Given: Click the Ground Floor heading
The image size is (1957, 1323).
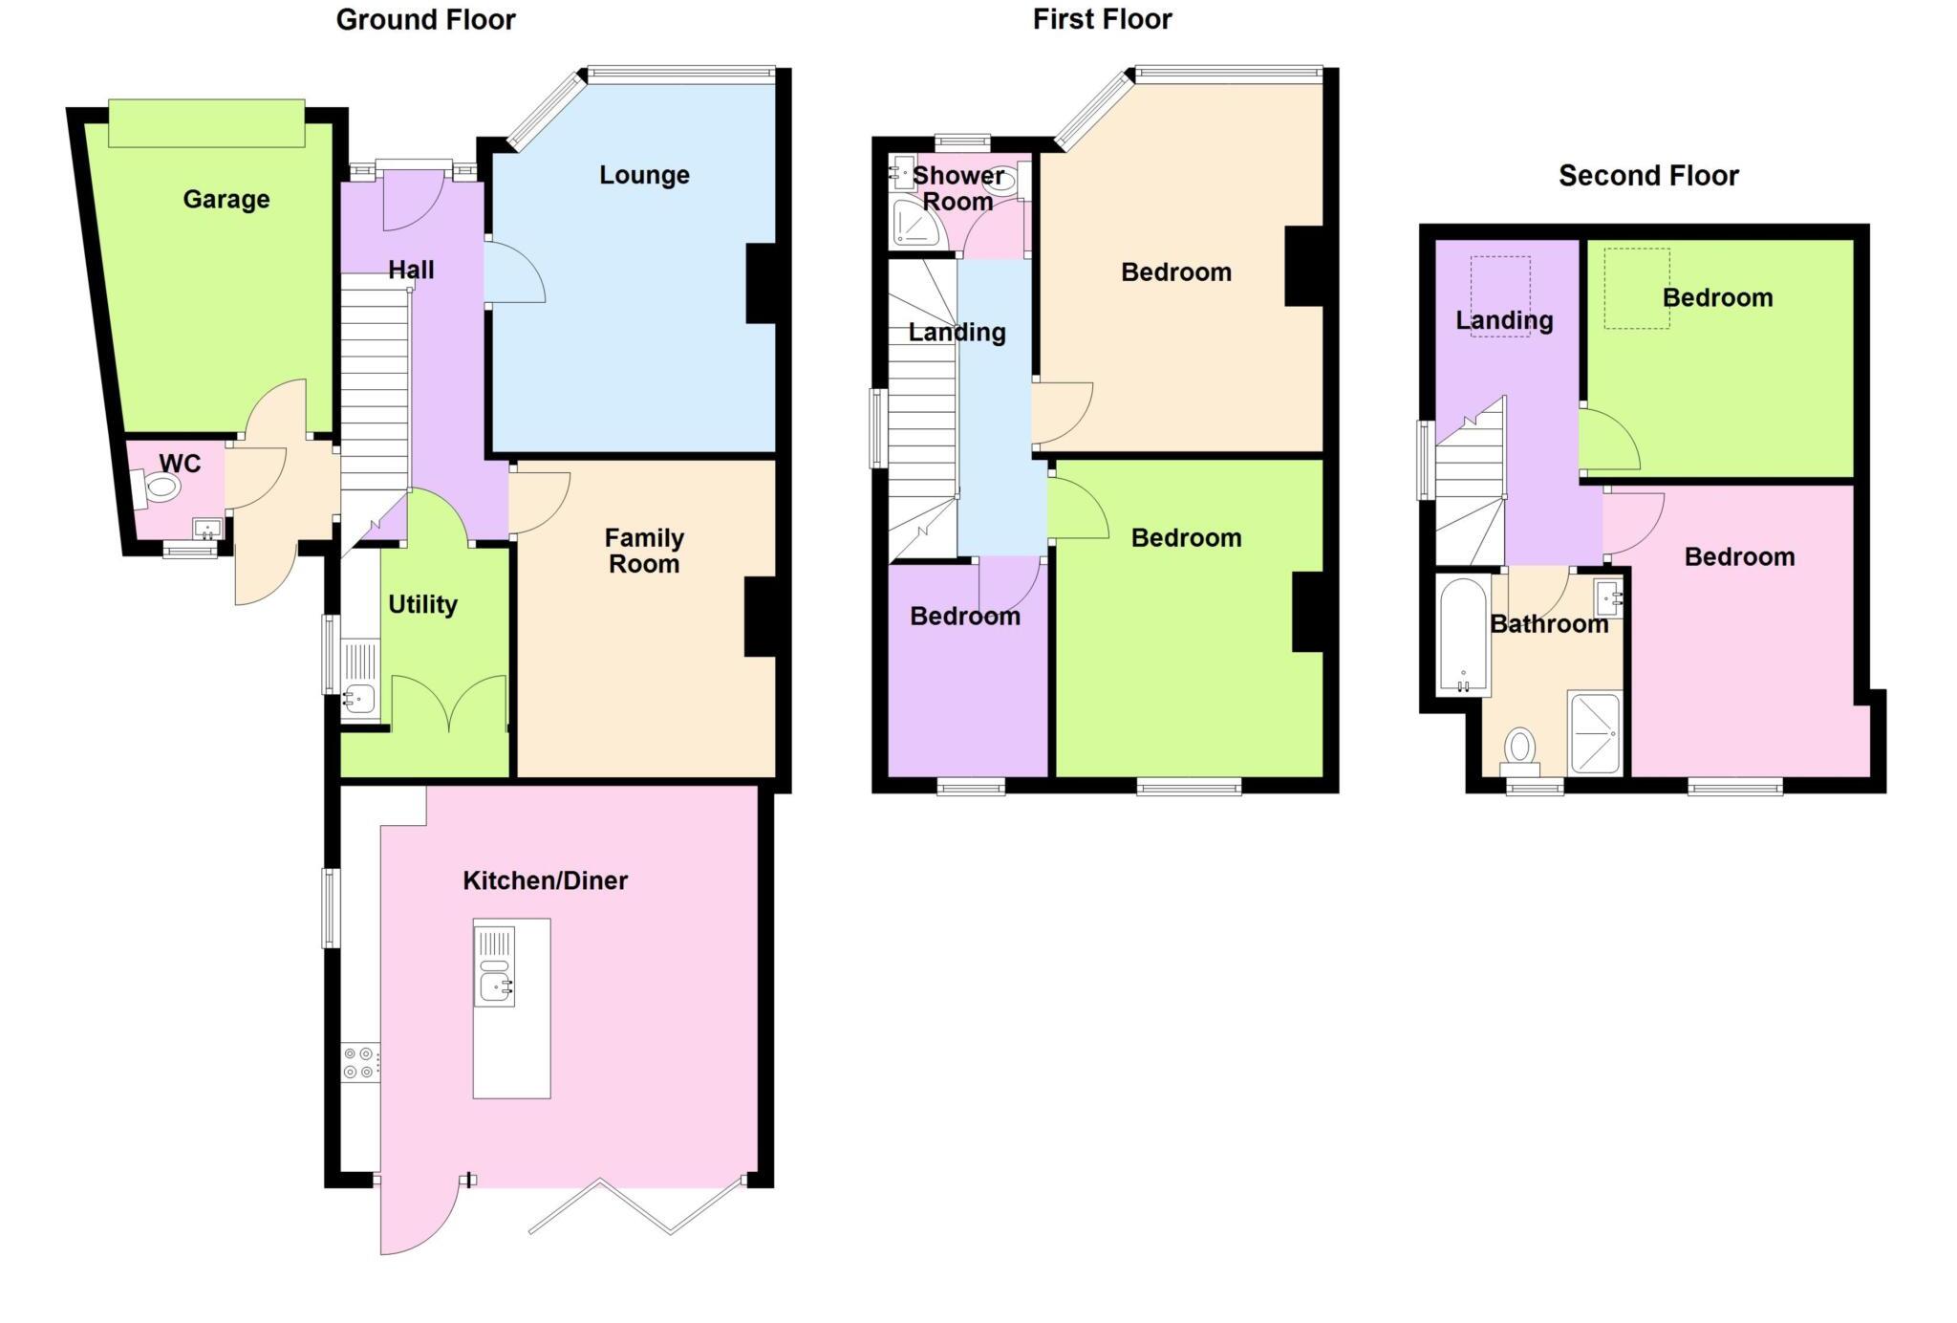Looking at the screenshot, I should click(x=425, y=20).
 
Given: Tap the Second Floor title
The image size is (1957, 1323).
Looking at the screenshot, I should click(x=1647, y=176).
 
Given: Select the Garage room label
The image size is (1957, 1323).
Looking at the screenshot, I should click(x=226, y=199).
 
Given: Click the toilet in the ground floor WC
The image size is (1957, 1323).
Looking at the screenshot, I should click(x=159, y=488).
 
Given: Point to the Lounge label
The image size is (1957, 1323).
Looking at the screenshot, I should click(x=644, y=175).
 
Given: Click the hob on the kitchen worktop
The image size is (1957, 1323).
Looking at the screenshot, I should click(x=361, y=1063).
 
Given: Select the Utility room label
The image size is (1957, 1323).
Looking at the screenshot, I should click(x=422, y=604).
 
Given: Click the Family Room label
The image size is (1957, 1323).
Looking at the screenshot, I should click(x=644, y=551).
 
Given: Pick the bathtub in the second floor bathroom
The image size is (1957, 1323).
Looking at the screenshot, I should click(x=1463, y=635).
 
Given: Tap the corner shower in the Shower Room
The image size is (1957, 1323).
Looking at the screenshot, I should click(x=914, y=224).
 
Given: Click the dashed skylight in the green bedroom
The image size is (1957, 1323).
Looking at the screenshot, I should click(x=1637, y=289).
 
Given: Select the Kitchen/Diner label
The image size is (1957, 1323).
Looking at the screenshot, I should click(x=545, y=880).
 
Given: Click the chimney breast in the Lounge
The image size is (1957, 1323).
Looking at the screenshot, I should click(x=762, y=283).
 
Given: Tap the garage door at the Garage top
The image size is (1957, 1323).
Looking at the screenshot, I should click(x=206, y=123).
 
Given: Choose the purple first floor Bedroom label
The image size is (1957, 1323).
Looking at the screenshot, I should click(x=964, y=617).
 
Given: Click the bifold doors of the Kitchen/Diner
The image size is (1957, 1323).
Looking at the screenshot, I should click(x=636, y=1208).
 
